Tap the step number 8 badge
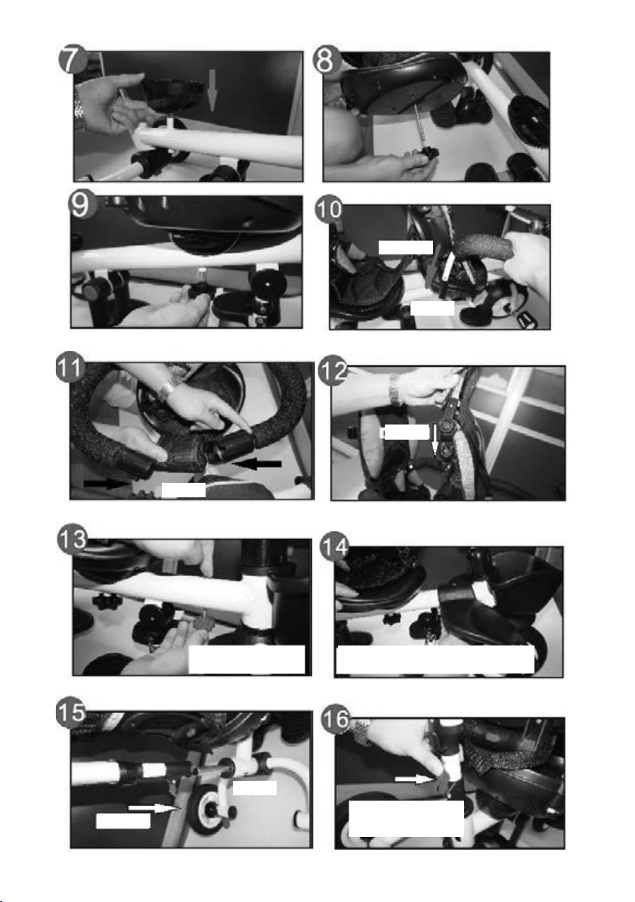[x=327, y=59]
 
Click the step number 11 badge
[x=70, y=369]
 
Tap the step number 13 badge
[x=73, y=540]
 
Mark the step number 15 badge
[x=71, y=714]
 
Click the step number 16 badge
[x=335, y=719]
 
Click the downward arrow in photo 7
[x=212, y=90]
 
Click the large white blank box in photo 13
[x=246, y=659]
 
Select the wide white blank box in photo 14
[x=435, y=659]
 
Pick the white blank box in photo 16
[x=406, y=818]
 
